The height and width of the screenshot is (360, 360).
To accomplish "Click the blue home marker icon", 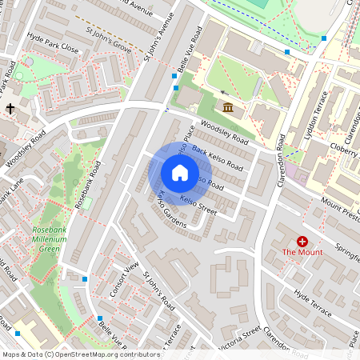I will click(x=180, y=173).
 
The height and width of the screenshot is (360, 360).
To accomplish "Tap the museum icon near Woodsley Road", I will click(x=227, y=108).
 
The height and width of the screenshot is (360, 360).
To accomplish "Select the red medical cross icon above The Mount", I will click(x=302, y=241).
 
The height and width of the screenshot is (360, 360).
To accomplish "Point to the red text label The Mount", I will click(x=302, y=254).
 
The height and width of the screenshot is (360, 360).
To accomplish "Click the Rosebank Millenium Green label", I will click(x=55, y=239).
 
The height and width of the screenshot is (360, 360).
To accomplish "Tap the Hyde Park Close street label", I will click(x=52, y=48).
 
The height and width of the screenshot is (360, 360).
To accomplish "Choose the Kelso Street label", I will click(x=198, y=205).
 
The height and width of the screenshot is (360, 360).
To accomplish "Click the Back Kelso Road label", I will click(x=217, y=159).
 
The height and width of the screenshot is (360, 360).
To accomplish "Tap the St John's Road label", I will click(x=159, y=292).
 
